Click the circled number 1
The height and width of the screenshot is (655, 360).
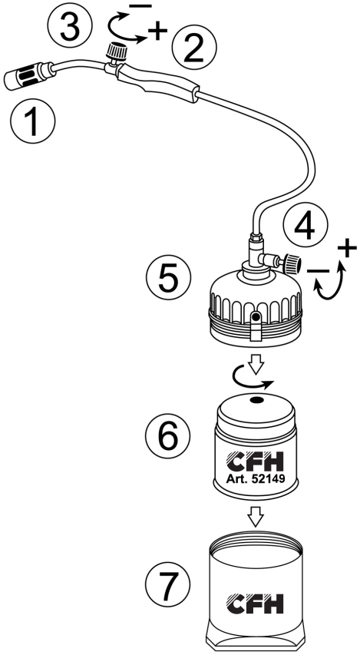tap(32, 121)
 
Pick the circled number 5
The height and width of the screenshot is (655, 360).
tap(169, 280)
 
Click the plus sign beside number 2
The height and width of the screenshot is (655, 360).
tap(157, 31)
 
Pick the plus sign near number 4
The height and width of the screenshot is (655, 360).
tap(347, 249)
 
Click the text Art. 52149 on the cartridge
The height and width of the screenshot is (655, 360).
tap(256, 479)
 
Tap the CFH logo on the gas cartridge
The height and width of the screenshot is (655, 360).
tap(255, 461)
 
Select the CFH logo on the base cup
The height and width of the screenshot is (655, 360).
tap(255, 604)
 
